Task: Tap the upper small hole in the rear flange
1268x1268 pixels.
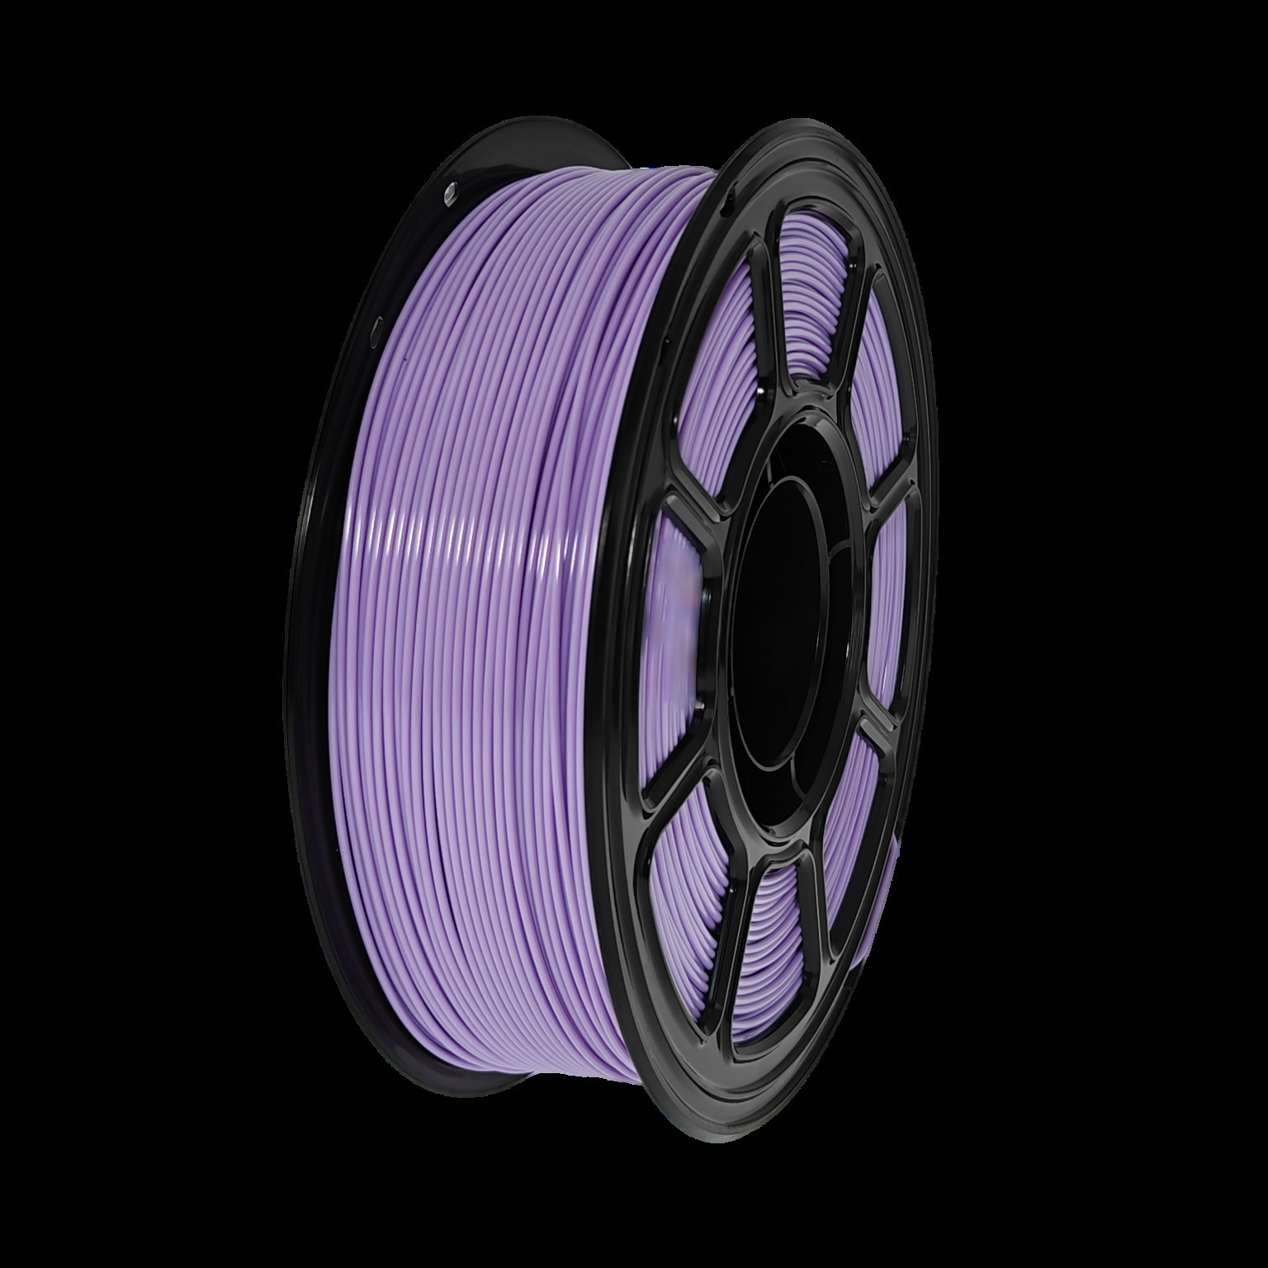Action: [x=451, y=192]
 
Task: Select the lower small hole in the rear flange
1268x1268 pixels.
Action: [x=378, y=327]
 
